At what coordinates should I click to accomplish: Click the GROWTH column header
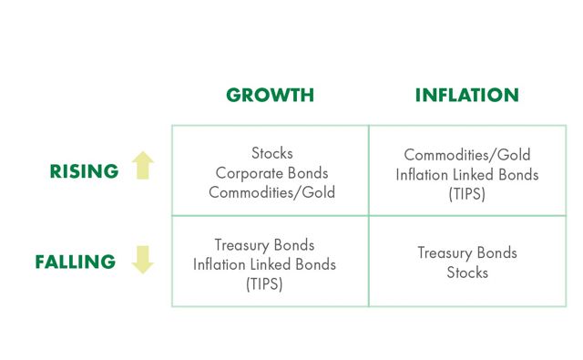[270, 96]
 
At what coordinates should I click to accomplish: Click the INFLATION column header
[466, 96]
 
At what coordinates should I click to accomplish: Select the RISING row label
[85, 170]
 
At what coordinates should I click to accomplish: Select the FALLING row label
[76, 262]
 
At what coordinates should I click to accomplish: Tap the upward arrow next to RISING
[143, 166]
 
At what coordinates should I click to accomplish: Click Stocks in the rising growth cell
[271, 153]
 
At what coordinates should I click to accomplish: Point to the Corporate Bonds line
[271, 172]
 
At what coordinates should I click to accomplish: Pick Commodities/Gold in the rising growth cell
[271, 191]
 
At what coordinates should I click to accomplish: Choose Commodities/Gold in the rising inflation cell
[466, 155]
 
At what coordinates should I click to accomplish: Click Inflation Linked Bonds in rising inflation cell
[466, 174]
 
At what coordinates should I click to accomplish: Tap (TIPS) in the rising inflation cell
[466, 193]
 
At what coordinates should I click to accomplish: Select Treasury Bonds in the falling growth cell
[264, 245]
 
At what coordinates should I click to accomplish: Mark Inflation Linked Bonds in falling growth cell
[264, 264]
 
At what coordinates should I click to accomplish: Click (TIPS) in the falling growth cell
[264, 283]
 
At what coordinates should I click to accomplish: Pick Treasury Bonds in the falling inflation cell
[466, 252]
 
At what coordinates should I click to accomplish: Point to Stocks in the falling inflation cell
[466, 272]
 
